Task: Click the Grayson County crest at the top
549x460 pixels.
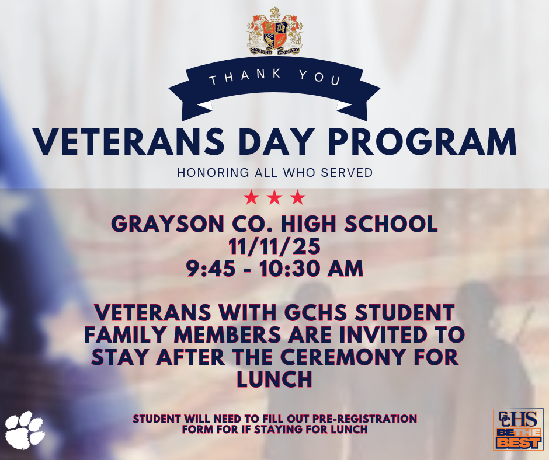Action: tap(274, 32)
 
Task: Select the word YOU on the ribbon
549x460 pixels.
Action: tap(319, 76)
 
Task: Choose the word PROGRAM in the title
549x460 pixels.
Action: tap(422, 142)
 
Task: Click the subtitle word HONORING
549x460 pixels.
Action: tap(213, 173)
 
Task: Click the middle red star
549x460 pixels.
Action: tap(274, 197)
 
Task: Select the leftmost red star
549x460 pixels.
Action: tap(251, 197)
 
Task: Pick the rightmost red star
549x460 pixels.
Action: tap(298, 197)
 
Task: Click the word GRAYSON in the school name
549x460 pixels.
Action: tap(168, 224)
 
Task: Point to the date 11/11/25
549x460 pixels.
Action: tap(274, 246)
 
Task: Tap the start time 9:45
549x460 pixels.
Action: tap(210, 269)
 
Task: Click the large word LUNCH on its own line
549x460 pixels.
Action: tap(274, 379)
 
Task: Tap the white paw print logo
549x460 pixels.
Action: tap(25, 430)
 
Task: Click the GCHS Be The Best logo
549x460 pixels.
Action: tap(518, 429)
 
